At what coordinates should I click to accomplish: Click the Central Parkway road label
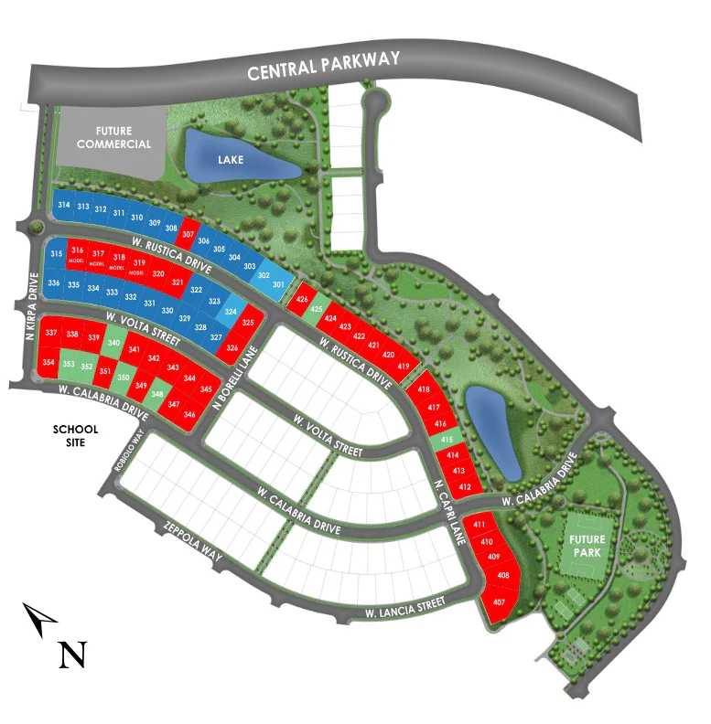click(324, 67)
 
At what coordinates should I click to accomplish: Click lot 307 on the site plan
click(188, 234)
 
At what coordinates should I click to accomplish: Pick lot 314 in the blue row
click(64, 206)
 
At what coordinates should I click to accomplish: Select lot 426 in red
click(304, 298)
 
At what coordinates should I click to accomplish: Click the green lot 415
click(447, 440)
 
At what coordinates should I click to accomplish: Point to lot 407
click(499, 602)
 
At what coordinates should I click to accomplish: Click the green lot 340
click(113, 343)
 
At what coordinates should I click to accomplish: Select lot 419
click(403, 366)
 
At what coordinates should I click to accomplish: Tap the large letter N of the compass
click(72, 654)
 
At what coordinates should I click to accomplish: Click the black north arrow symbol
click(39, 620)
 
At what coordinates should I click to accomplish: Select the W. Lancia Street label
click(404, 606)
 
